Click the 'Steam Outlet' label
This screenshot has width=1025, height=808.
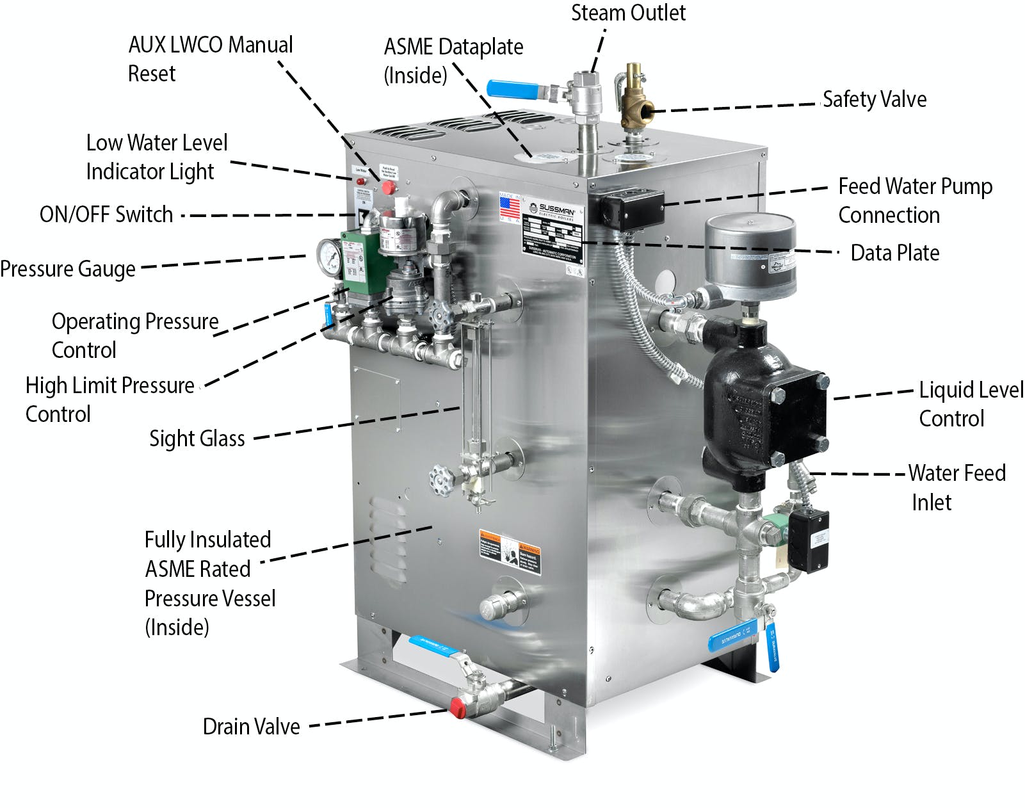[627, 13]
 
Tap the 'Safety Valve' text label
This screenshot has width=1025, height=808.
[874, 99]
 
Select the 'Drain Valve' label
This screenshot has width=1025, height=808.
[251, 727]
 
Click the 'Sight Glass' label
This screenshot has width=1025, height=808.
[197, 439]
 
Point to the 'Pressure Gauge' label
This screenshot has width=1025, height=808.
[68, 269]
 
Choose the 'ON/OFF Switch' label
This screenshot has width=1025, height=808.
[106, 214]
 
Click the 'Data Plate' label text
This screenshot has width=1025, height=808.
[894, 253]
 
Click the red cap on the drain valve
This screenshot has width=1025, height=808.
[458, 707]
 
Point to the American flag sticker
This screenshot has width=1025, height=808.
[510, 207]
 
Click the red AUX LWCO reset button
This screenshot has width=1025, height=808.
[388, 187]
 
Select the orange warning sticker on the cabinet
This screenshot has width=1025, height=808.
[510, 551]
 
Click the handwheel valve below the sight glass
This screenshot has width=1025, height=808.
[441, 478]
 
